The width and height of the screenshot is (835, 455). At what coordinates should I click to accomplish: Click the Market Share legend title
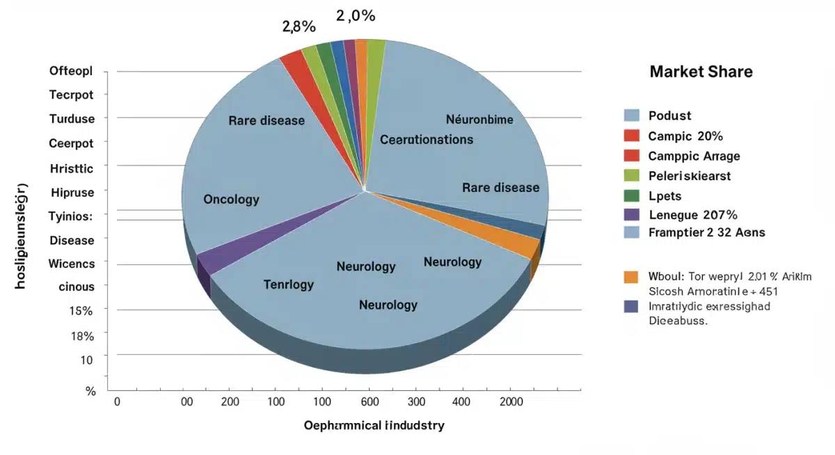coord(701,72)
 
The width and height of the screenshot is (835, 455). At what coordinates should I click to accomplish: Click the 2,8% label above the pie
coord(299,27)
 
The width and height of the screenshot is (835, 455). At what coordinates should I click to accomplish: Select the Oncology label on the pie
coord(231,200)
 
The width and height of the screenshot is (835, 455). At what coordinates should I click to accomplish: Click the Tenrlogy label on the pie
coord(289,285)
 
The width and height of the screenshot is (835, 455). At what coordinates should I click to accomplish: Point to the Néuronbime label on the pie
coord(479,120)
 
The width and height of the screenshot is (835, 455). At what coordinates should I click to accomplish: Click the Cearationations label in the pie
coord(427,140)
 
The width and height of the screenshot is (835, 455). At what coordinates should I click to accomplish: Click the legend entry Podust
coord(669,115)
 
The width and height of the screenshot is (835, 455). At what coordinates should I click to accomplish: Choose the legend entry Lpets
coord(665,195)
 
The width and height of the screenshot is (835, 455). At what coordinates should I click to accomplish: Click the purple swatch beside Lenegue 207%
coord(632,214)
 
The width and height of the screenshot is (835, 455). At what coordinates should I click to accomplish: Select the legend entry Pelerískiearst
coord(689,176)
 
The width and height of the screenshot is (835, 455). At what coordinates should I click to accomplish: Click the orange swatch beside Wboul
coord(632,276)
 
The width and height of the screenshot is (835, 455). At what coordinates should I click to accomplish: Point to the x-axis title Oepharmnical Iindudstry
coord(374,425)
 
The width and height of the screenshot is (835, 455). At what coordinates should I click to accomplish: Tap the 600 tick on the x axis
coord(369,402)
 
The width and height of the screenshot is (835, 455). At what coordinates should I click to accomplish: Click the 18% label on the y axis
coord(82,337)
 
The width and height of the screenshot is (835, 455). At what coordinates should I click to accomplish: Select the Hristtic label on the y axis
coord(72,168)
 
